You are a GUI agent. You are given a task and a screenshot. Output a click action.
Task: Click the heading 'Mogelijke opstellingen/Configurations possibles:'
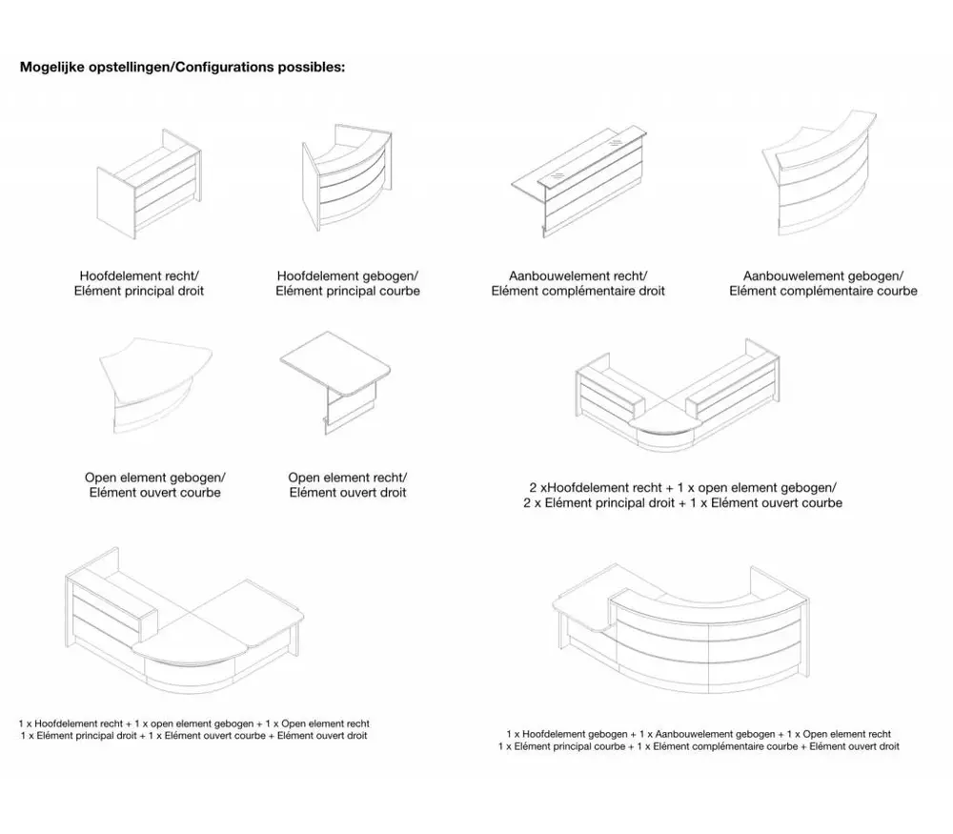click(x=182, y=69)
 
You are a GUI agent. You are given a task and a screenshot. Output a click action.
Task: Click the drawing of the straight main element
click(x=150, y=189)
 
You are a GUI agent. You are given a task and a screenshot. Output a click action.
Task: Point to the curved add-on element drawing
click(x=826, y=177)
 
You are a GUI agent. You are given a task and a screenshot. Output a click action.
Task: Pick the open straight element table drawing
click(x=338, y=385)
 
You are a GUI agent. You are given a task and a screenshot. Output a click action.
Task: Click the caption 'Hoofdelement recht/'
click(x=138, y=275)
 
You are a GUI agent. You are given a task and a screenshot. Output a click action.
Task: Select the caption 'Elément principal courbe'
click(x=348, y=291)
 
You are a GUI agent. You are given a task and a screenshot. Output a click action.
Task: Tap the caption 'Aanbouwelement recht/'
click(x=578, y=275)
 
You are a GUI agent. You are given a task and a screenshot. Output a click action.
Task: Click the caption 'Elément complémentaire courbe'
click(x=823, y=291)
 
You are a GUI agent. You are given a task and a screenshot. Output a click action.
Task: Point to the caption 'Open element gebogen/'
click(x=155, y=478)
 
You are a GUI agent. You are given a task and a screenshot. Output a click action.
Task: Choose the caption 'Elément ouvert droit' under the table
click(x=348, y=493)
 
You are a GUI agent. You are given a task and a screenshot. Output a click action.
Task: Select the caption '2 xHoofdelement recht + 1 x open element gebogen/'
click(x=682, y=487)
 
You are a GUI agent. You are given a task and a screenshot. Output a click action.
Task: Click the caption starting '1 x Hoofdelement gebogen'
click(x=699, y=734)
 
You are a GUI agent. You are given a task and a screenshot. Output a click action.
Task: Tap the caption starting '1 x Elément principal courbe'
click(x=699, y=747)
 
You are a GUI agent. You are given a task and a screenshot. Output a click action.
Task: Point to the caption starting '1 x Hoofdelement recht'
click(x=194, y=724)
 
